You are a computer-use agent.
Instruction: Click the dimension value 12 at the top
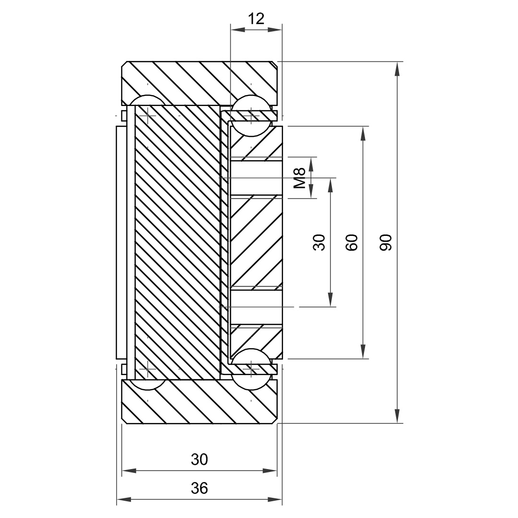pos(256,19)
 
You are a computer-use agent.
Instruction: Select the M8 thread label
pos(300,178)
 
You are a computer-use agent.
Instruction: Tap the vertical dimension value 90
pos(386,242)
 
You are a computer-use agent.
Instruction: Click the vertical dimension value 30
pos(319,242)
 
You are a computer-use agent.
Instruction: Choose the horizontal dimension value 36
pos(200,488)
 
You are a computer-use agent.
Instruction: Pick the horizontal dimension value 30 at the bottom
pos(200,459)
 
